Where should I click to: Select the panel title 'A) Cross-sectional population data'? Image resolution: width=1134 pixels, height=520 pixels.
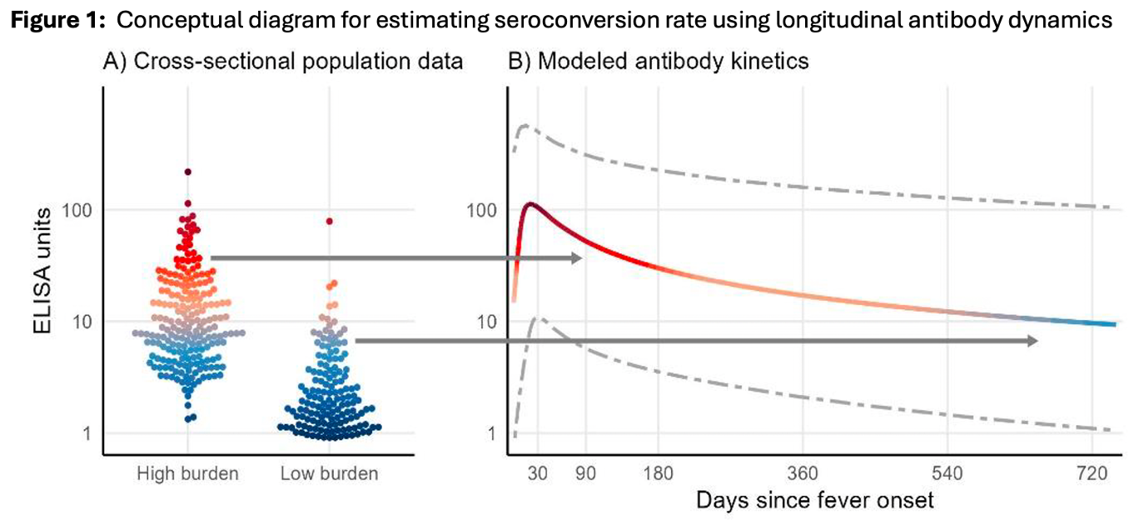(x=282, y=61)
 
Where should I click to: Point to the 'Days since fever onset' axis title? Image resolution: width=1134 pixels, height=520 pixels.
(x=814, y=501)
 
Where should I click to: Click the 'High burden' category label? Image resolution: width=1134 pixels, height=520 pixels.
(x=188, y=474)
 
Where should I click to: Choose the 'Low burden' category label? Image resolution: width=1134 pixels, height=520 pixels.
(x=329, y=474)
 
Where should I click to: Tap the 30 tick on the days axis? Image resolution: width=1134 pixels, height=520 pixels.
(x=537, y=474)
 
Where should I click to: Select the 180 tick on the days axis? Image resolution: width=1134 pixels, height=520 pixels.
(x=659, y=474)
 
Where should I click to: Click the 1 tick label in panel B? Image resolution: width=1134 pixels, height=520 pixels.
(x=491, y=432)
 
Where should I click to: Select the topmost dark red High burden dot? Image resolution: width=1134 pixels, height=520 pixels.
(x=188, y=172)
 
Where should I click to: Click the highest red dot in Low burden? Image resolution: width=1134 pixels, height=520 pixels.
(x=330, y=221)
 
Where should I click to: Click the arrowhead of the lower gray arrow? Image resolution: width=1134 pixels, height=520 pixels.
(x=1032, y=341)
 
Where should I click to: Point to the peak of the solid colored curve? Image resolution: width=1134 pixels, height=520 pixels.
(x=529, y=203)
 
